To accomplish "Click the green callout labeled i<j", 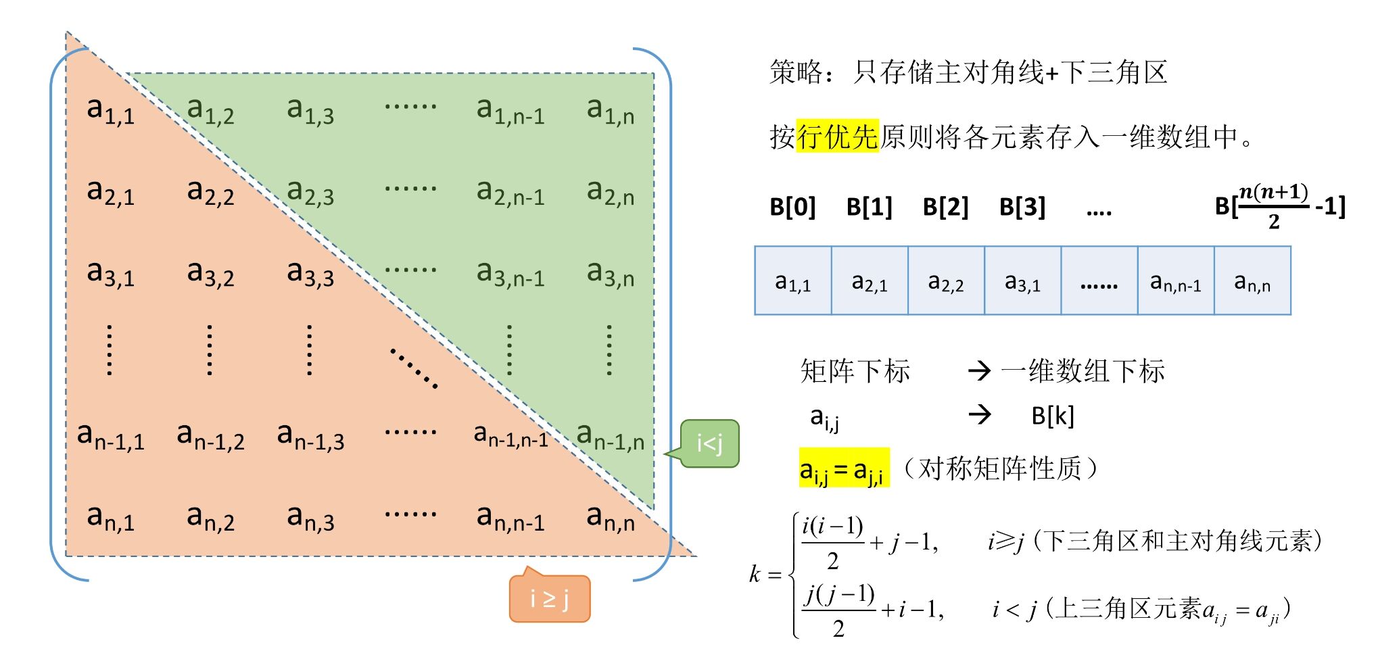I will [x=709, y=444].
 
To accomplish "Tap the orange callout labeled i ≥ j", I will [x=550, y=599].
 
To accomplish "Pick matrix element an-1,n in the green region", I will [x=610, y=436].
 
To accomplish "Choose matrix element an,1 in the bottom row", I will [x=110, y=518].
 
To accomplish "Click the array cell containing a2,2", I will [x=946, y=281].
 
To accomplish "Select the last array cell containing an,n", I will [x=1252, y=281].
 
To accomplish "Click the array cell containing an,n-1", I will [x=1176, y=281].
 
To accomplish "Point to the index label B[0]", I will [x=792, y=207].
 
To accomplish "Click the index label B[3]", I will [x=1022, y=207].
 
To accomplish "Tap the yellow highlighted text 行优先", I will [x=837, y=136].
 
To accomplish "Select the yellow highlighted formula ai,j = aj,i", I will [x=843, y=468].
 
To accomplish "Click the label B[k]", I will [x=1053, y=416].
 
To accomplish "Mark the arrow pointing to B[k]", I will [x=980, y=414].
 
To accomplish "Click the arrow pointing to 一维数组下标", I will [x=980, y=370].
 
